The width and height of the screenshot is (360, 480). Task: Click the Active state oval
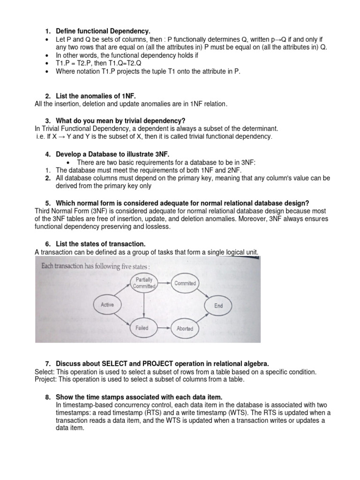click(107, 305)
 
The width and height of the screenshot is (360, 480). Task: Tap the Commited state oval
click(185, 283)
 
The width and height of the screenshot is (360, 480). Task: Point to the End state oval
click(218, 306)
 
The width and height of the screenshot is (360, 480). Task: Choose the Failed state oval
click(142, 328)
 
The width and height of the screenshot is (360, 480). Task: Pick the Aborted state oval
click(185, 329)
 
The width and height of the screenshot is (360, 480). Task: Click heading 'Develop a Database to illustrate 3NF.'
click(112, 154)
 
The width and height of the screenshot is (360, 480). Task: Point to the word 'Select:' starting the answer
click(45, 372)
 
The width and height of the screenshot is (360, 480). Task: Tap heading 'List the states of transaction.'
click(101, 244)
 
